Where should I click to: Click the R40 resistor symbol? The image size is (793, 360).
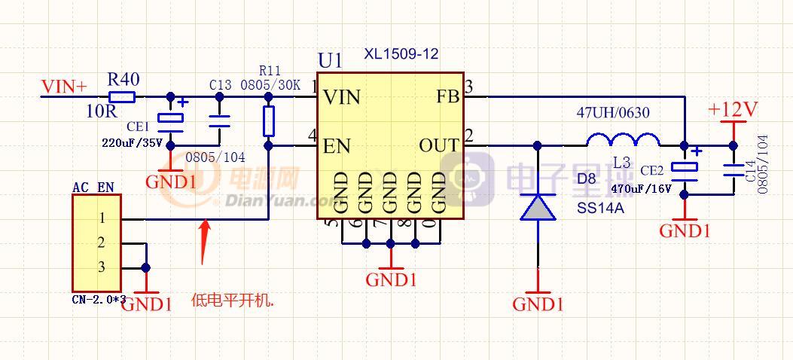tap(122, 96)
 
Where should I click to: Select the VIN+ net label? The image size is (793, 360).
tap(64, 87)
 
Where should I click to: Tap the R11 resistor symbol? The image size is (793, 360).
tap(269, 121)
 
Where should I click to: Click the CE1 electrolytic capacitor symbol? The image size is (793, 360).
tap(170, 121)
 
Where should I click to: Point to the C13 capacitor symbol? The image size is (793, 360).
tap(219, 121)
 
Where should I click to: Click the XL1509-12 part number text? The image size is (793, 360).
tap(401, 54)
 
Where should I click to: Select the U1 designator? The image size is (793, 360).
tap(330, 60)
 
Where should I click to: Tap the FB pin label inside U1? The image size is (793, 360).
tap(447, 97)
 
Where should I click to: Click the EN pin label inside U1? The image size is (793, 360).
tap(337, 146)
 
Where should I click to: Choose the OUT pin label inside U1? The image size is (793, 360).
tap(439, 146)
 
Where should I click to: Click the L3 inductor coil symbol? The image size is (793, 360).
tap(623, 140)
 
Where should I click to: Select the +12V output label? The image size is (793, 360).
tap(732, 110)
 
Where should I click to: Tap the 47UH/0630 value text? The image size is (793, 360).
tap(613, 113)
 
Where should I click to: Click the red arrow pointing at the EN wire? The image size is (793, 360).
tap(205, 239)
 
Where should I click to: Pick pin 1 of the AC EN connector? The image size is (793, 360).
tap(101, 218)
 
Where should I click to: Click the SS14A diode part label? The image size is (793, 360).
tap(600, 208)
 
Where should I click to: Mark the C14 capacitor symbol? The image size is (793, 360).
tap(733, 170)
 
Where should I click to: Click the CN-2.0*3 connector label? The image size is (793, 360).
tap(99, 300)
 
